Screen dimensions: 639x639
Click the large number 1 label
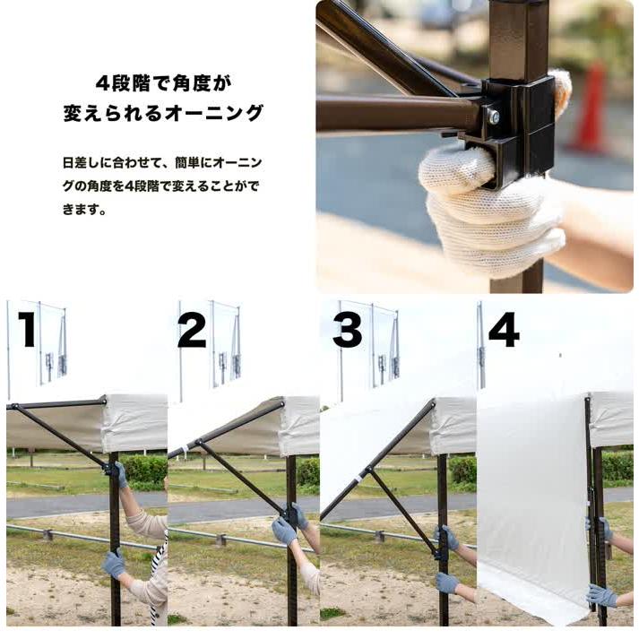[27, 329]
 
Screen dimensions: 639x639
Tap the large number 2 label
[192, 329]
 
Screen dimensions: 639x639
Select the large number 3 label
[347, 329]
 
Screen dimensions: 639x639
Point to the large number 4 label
[504, 330]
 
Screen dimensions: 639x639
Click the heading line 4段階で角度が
[163, 84]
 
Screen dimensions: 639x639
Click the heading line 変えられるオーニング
[163, 114]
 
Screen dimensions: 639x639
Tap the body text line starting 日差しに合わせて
[162, 163]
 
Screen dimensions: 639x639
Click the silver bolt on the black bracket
[492, 117]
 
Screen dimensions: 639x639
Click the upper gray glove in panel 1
[120, 475]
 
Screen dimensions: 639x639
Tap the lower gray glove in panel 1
[114, 564]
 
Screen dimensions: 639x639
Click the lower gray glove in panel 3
[447, 582]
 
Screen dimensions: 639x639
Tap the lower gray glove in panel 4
[600, 595]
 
